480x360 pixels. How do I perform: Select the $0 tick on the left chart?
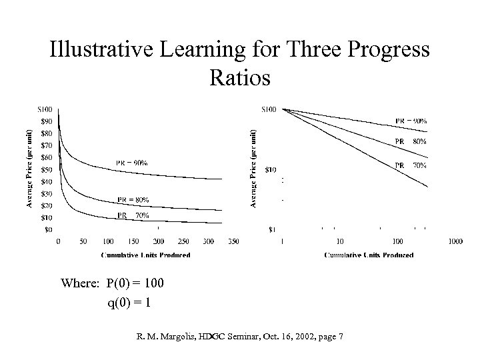point(49,229)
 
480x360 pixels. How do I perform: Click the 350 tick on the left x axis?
point(233,241)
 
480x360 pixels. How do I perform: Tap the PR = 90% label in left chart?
point(131,163)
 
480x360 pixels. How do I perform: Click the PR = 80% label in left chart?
point(133,199)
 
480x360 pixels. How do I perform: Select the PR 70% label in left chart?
point(133,215)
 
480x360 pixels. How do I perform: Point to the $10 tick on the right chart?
point(271,169)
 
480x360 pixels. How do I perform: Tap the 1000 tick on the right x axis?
point(456,241)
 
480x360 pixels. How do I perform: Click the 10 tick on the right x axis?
point(340,241)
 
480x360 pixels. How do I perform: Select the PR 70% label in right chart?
point(411,165)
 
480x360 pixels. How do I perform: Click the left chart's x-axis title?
point(145,255)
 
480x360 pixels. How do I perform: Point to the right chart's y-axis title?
point(254,168)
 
